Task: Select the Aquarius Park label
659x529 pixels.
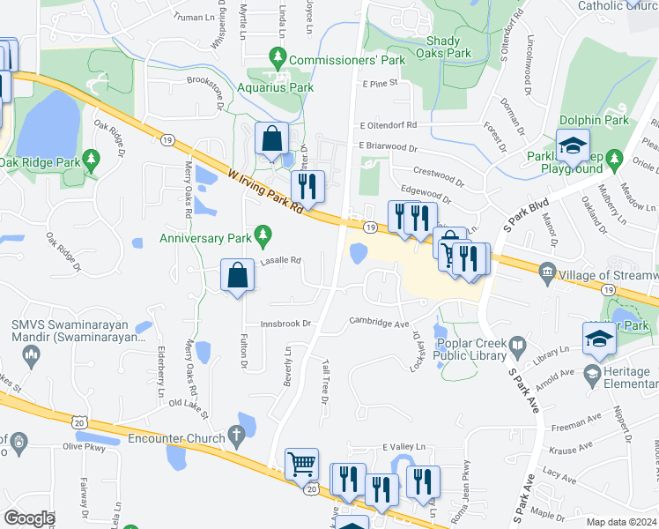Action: pyautogui.click(x=276, y=87)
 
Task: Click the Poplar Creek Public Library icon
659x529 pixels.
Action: pyautogui.click(x=519, y=346)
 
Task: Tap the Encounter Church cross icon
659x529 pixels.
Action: pyautogui.click(x=234, y=434)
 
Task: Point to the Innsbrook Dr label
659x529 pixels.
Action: pyautogui.click(x=286, y=324)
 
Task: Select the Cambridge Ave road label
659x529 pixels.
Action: pyautogui.click(x=380, y=323)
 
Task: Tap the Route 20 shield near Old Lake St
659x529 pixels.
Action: pyautogui.click(x=80, y=423)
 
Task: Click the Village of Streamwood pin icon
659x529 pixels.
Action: pyautogui.click(x=547, y=270)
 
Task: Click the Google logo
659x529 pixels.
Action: pyautogui.click(x=29, y=518)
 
